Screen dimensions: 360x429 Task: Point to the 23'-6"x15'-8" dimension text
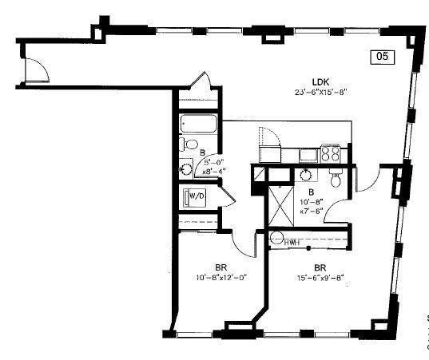(x=320, y=91)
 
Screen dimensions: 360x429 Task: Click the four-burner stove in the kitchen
(x=332, y=152)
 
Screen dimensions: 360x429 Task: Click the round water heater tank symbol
(x=277, y=238)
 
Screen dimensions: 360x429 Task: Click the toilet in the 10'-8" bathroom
(x=336, y=176)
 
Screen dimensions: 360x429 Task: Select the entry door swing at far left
(x=38, y=71)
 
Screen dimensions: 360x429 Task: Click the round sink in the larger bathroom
(x=307, y=176)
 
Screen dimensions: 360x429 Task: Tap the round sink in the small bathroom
(x=185, y=168)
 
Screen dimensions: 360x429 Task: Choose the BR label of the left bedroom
(x=221, y=267)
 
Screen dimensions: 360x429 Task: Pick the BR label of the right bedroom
(x=320, y=267)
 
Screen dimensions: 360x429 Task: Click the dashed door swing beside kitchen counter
(x=270, y=136)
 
